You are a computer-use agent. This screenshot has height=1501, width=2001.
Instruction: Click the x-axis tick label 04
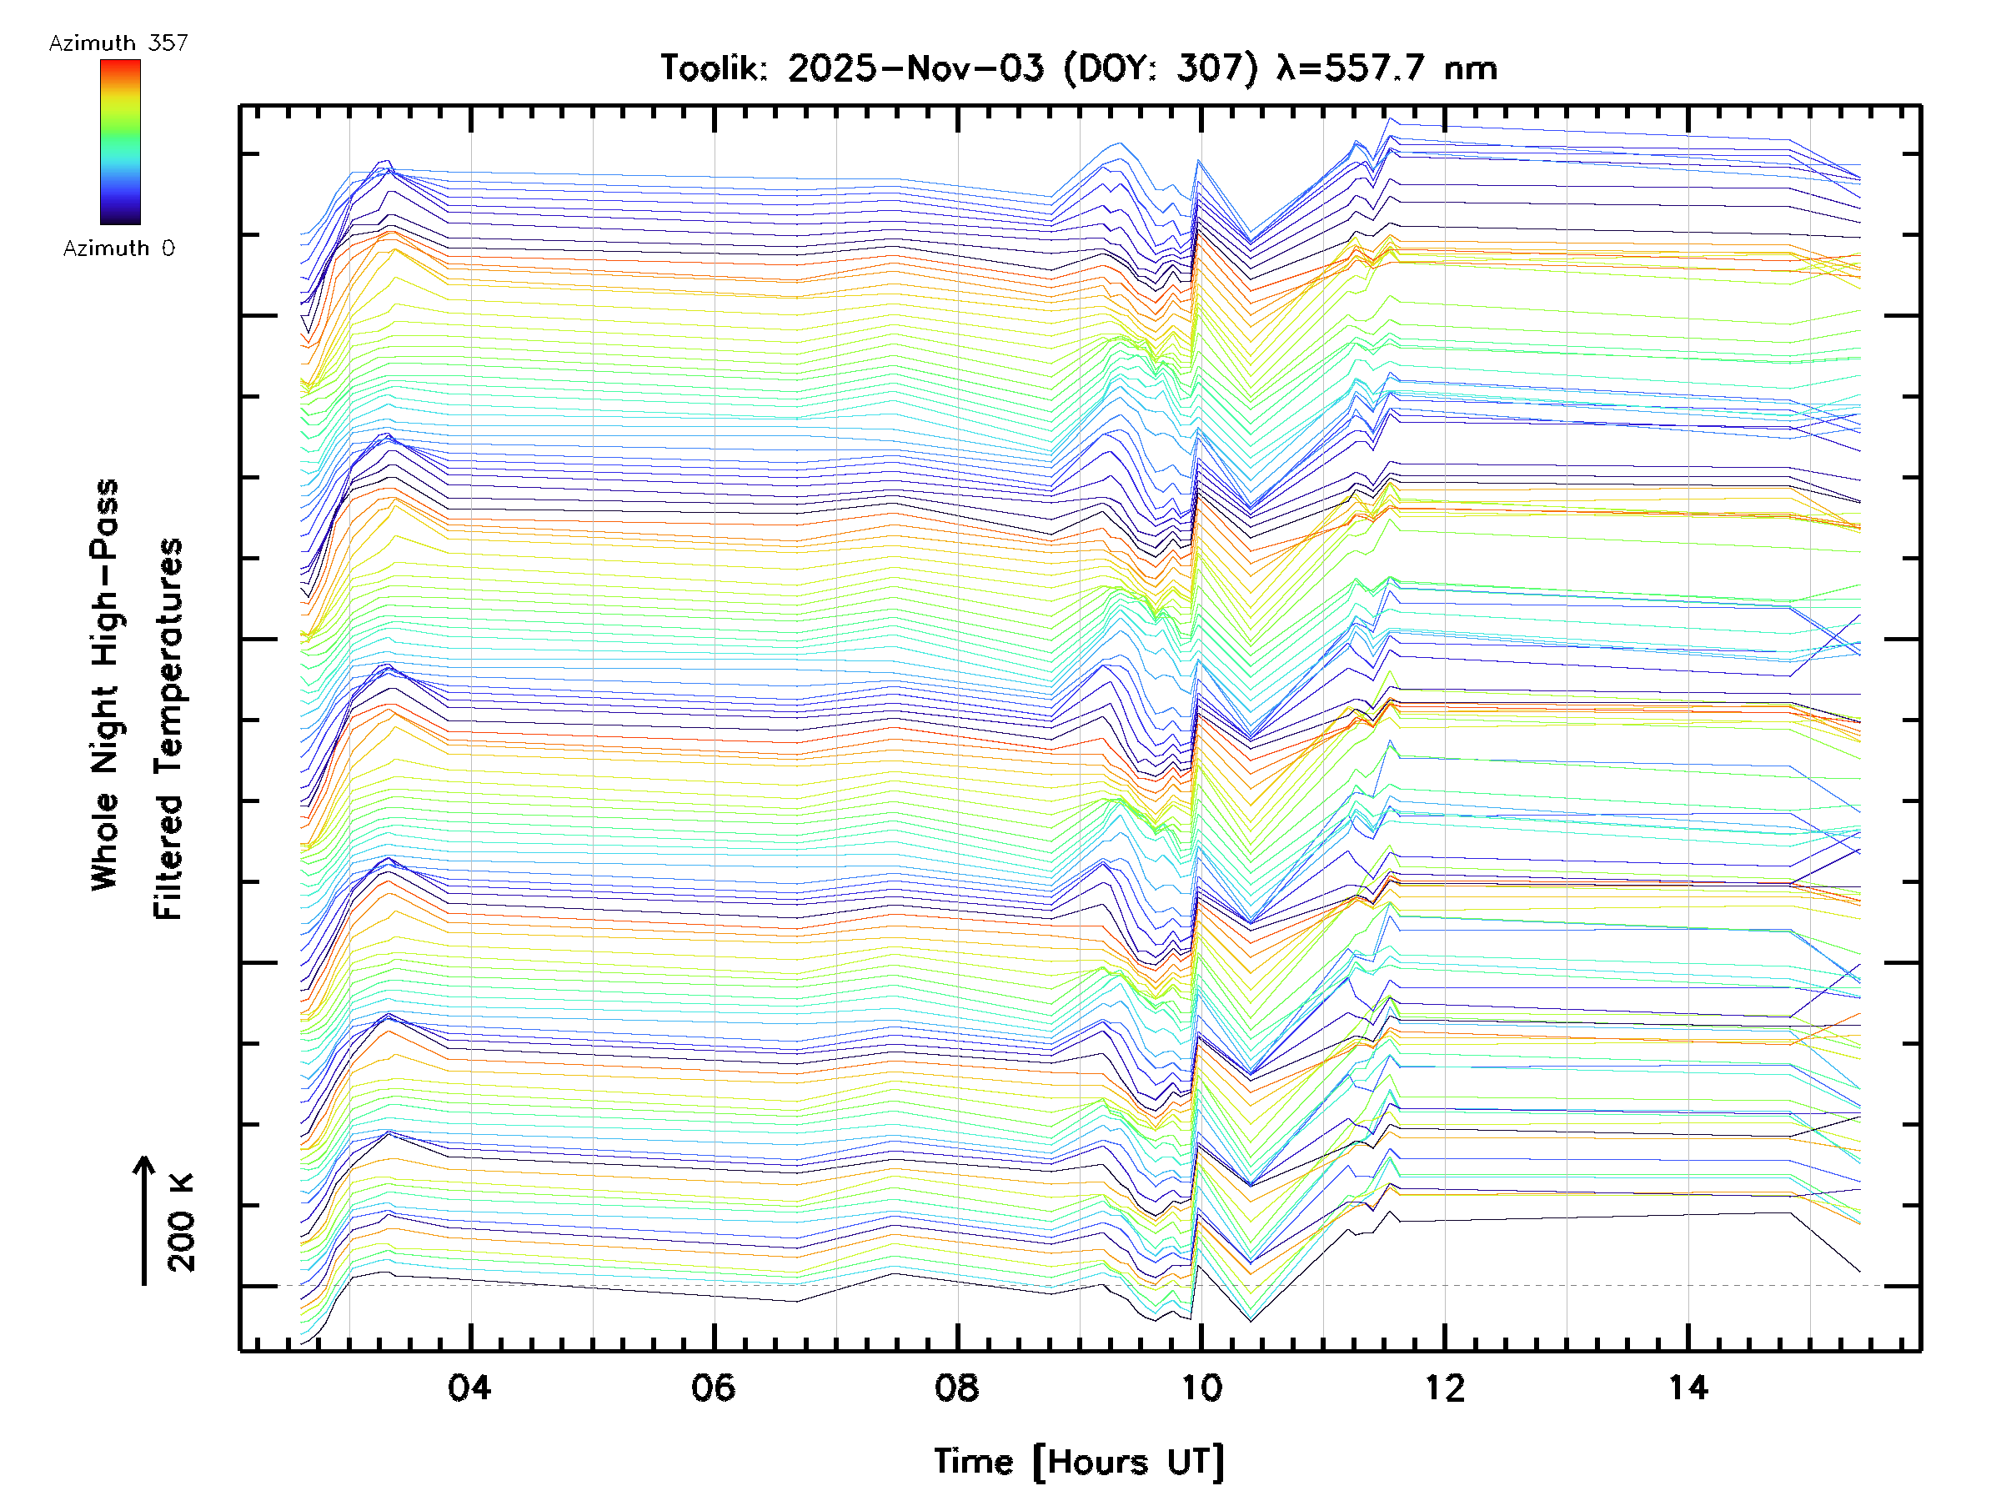click(x=469, y=1387)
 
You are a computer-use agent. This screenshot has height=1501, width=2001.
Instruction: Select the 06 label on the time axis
click(x=713, y=1387)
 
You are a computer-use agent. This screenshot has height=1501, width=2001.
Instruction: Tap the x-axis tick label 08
click(x=956, y=1387)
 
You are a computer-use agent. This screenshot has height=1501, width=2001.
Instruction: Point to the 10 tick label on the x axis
click(x=1201, y=1387)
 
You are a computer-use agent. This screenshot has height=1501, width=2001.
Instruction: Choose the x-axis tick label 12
click(x=1444, y=1387)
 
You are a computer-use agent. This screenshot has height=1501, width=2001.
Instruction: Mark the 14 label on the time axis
click(x=1688, y=1387)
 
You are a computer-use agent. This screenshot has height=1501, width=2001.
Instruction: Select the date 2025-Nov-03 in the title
click(x=915, y=68)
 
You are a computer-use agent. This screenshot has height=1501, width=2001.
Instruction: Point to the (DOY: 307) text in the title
click(x=1160, y=68)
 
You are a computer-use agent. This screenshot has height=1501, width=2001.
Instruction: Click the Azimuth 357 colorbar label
click(x=118, y=43)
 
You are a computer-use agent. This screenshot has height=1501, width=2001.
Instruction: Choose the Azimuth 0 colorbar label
click(x=118, y=248)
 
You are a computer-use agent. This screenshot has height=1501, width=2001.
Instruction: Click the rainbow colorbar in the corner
click(x=120, y=142)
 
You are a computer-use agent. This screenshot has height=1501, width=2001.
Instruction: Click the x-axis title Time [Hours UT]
click(x=1078, y=1462)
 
